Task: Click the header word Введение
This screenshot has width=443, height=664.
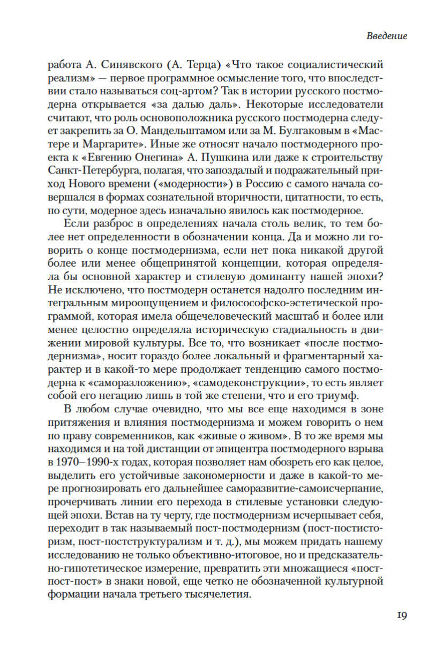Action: pyautogui.click(x=387, y=36)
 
